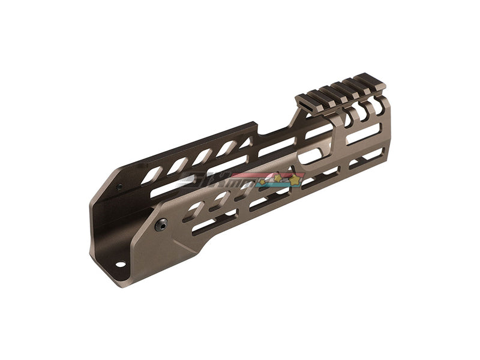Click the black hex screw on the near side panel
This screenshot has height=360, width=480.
[x=161, y=226]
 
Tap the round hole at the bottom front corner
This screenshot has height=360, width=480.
[x=120, y=263]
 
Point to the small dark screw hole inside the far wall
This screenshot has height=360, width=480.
[x=119, y=187]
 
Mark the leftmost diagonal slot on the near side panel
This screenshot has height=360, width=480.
[x=194, y=210]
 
